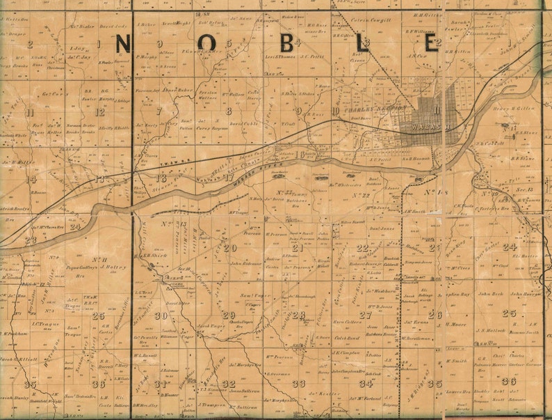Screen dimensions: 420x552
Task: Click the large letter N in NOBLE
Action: [x=121, y=44]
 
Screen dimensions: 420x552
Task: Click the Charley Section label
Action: [x=375, y=109]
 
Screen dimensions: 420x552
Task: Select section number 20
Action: [x=230, y=247]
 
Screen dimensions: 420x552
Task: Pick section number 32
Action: [x=229, y=384]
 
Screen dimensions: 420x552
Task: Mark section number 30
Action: [x=161, y=316]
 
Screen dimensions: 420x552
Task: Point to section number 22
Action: [x=362, y=247]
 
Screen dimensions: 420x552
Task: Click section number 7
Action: [x=159, y=111]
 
